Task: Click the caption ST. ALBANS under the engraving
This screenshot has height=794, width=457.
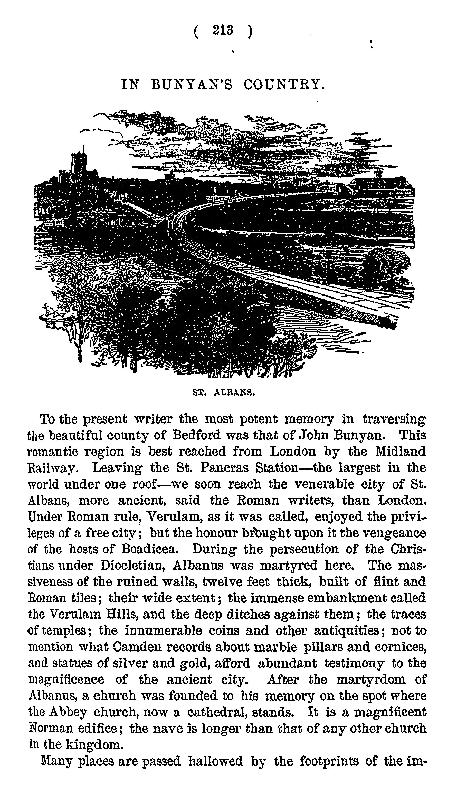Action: [223, 392]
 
